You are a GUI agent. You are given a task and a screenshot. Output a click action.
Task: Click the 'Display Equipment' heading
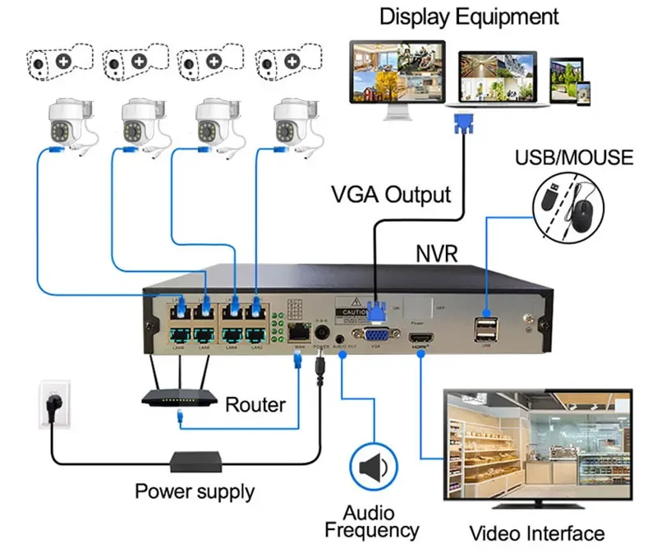(469, 16)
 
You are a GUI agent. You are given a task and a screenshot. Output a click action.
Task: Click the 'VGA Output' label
(391, 195)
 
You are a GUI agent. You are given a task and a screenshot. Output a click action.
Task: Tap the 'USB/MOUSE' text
(574, 157)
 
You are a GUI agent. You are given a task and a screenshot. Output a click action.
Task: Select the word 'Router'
(255, 404)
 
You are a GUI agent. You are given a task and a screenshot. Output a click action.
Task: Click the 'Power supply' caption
(195, 492)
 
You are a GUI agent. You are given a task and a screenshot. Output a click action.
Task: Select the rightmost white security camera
(292, 122)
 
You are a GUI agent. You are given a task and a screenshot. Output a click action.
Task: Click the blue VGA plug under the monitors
(462, 126)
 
